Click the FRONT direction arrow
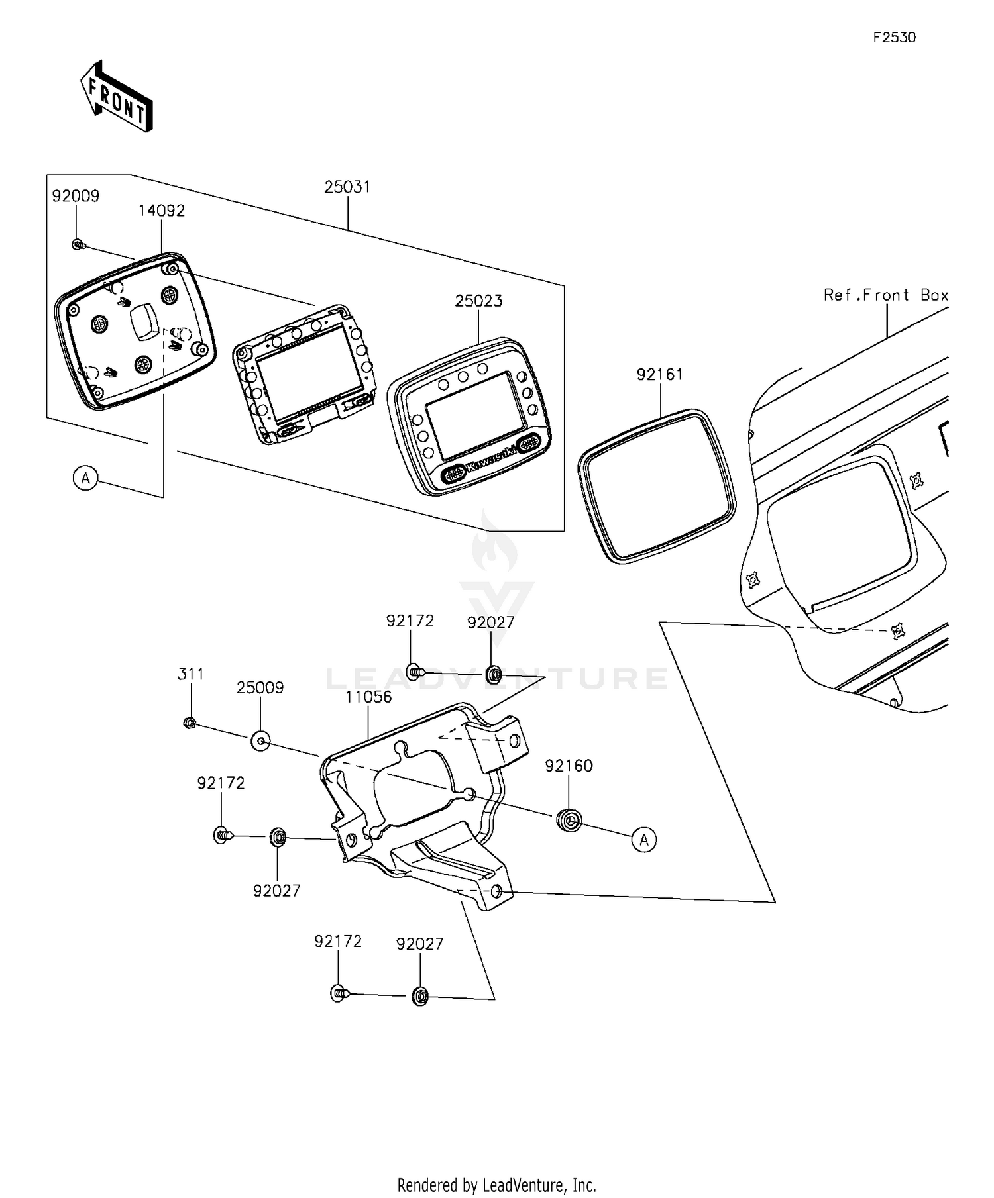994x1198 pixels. pos(117,97)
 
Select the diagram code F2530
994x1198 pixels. pos(894,38)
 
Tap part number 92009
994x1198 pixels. pos(76,196)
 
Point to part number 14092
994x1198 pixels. pos(162,211)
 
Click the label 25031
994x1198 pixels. pos(347,187)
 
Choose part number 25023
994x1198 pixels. pos(478,301)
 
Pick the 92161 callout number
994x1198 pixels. pos(660,375)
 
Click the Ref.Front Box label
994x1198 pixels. pos(886,295)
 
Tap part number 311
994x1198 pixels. pos(191,674)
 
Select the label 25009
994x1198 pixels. pos(260,688)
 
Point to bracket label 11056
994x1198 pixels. pos(368,697)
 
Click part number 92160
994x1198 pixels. pos(569,766)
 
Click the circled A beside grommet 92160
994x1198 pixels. pos(644,840)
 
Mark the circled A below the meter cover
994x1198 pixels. pos(85,477)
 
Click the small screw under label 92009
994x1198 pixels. pos(78,245)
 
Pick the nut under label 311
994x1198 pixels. pos(189,723)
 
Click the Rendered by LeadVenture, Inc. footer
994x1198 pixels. pos(497,1184)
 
